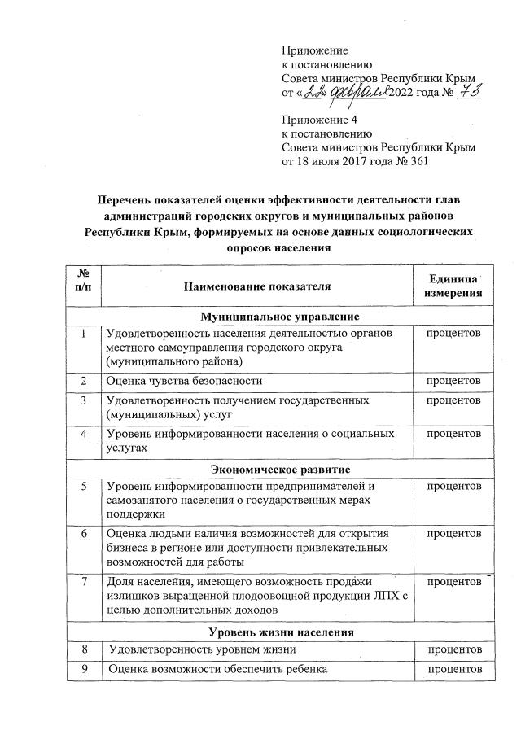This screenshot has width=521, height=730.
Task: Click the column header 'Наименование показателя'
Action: pyautogui.click(x=257, y=287)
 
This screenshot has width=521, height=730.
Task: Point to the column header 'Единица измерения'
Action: pyautogui.click(x=450, y=286)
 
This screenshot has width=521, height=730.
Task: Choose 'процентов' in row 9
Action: pyautogui.click(x=453, y=669)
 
